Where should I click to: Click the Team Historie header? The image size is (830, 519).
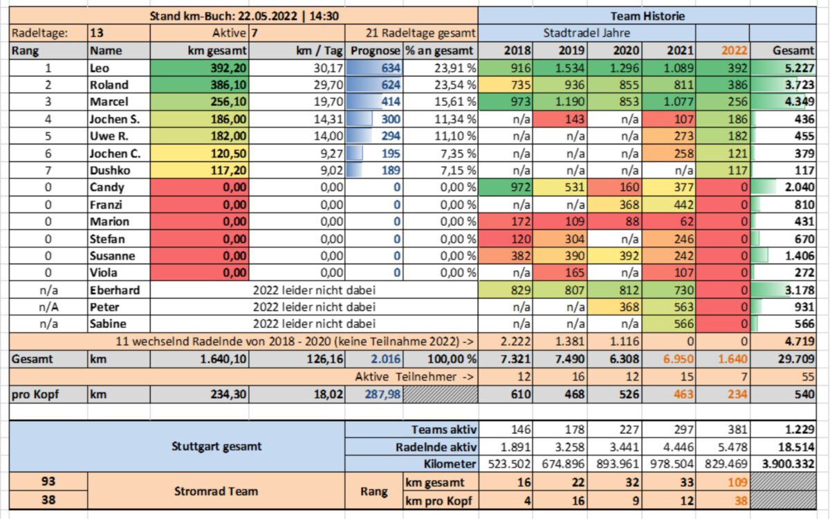[647, 17]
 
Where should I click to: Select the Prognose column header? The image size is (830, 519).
[376, 51]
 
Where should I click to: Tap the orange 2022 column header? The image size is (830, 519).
[734, 51]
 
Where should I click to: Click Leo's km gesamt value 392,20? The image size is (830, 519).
[228, 68]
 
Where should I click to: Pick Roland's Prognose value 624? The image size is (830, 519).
[391, 85]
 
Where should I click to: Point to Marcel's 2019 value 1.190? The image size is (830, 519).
[569, 102]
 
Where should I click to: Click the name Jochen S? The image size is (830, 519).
[115, 119]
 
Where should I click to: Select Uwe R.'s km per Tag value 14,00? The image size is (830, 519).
[329, 136]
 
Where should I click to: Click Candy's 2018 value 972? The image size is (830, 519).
[520, 188]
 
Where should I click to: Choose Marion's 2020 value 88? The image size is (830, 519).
[631, 221]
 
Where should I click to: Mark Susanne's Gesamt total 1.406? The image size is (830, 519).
[800, 256]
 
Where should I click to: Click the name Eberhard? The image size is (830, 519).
[115, 290]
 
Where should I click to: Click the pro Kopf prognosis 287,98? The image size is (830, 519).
[382, 394]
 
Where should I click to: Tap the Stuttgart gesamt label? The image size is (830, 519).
[216, 446]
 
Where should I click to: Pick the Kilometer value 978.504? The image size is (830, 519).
[672, 464]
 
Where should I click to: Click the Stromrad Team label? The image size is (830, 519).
[216, 491]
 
